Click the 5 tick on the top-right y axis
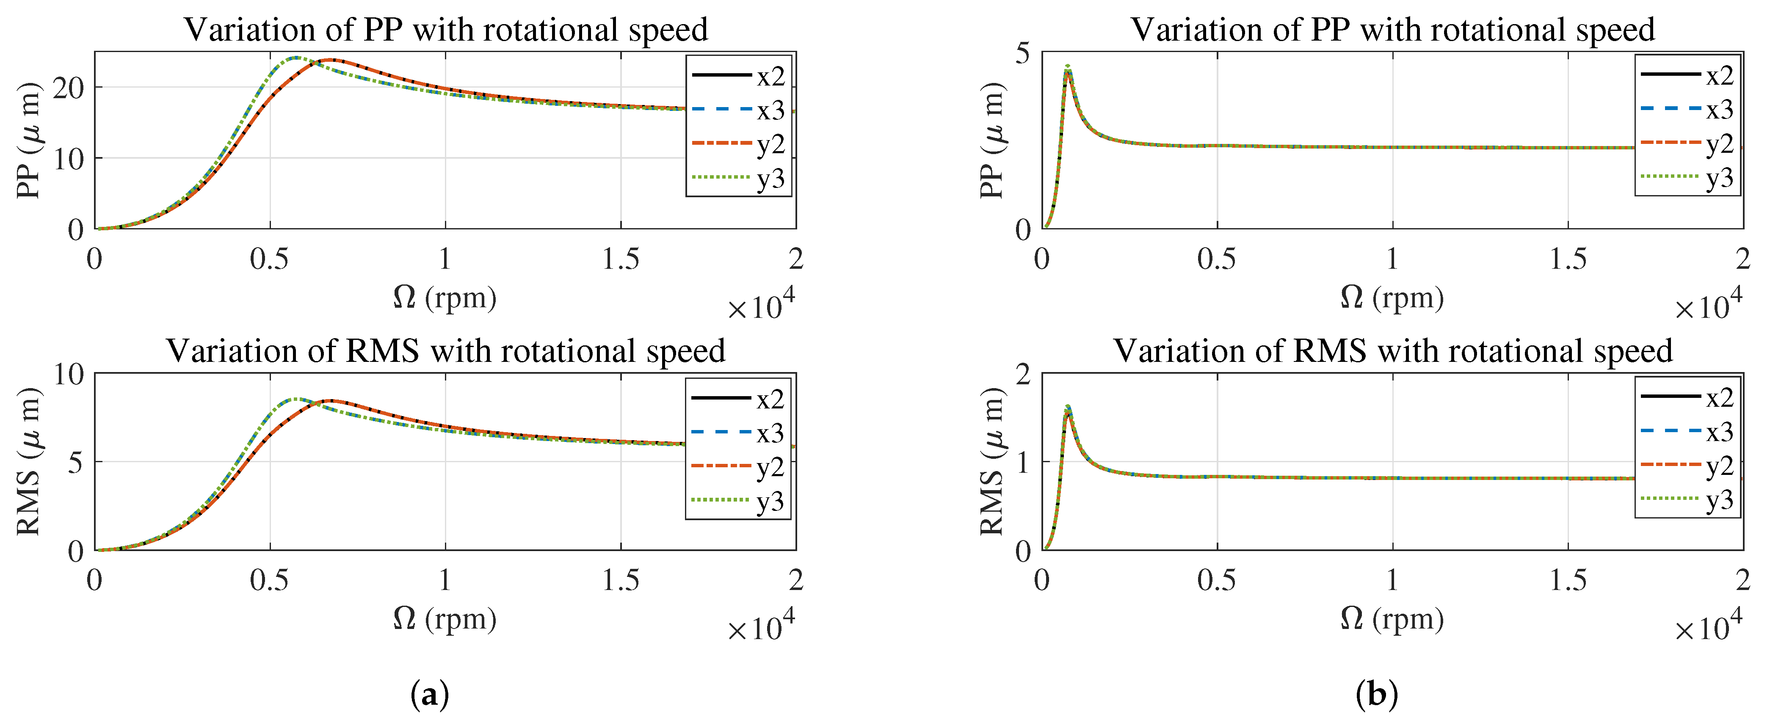click(x=1023, y=52)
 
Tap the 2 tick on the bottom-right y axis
click(x=1023, y=374)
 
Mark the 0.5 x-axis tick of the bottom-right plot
click(x=1217, y=580)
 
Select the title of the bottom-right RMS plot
click(x=1393, y=350)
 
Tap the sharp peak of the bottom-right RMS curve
click(x=1068, y=407)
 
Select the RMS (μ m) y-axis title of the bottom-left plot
click(x=29, y=461)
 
